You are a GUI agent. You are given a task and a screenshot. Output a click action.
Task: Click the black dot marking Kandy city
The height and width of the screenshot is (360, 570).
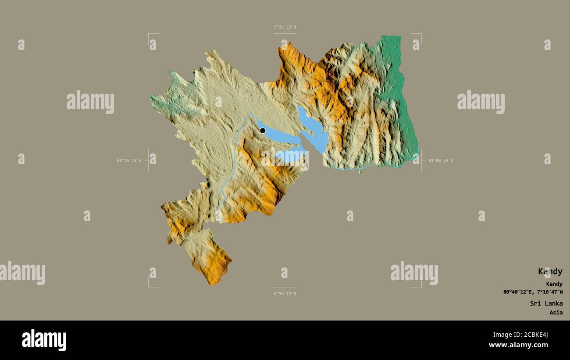tap(263, 131)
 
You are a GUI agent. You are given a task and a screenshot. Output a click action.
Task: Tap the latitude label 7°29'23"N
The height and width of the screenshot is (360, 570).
tap(285, 27)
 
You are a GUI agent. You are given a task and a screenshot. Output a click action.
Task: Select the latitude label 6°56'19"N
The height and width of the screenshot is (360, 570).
tap(285, 294)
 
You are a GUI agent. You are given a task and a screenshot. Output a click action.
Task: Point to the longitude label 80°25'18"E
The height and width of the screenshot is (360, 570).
tap(129, 160)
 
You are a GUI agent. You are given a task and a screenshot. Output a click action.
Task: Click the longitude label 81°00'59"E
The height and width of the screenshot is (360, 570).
tap(440, 160)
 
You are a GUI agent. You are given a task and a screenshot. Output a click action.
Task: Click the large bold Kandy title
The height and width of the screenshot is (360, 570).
tap(550, 271)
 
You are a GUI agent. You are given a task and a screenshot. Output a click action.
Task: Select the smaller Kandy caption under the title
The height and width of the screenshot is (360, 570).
tap(554, 284)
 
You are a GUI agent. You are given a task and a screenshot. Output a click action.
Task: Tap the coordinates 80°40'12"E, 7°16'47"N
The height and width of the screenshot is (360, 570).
tap(533, 292)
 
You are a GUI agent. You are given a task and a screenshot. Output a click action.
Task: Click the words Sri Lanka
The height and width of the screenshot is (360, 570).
tap(546, 303)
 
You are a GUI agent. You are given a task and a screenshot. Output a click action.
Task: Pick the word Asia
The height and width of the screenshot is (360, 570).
tap(556, 313)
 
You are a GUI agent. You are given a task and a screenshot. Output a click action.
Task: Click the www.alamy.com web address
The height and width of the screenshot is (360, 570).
tap(518, 345)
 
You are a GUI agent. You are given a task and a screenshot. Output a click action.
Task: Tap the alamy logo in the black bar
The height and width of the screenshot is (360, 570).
tap(44, 340)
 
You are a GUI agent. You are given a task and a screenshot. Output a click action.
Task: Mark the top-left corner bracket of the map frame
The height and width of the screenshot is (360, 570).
tap(149, 34)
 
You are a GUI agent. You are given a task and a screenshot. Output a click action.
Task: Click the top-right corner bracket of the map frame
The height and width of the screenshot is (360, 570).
tap(420, 34)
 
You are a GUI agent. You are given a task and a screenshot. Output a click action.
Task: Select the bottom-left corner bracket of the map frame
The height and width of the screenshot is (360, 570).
tap(149, 286)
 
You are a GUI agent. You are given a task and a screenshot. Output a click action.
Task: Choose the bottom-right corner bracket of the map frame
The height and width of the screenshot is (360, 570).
tap(420, 286)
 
